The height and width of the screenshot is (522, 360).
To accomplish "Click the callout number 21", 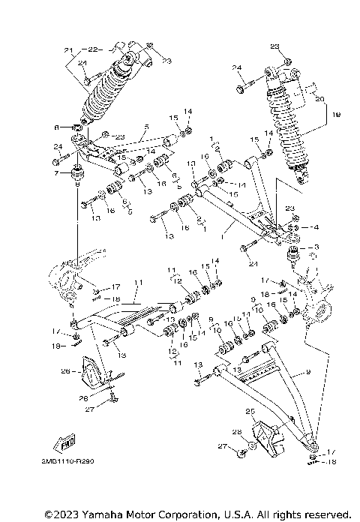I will click(70, 50).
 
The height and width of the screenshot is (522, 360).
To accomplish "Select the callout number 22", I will click(92, 50).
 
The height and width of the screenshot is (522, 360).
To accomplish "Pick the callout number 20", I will click(319, 98).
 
